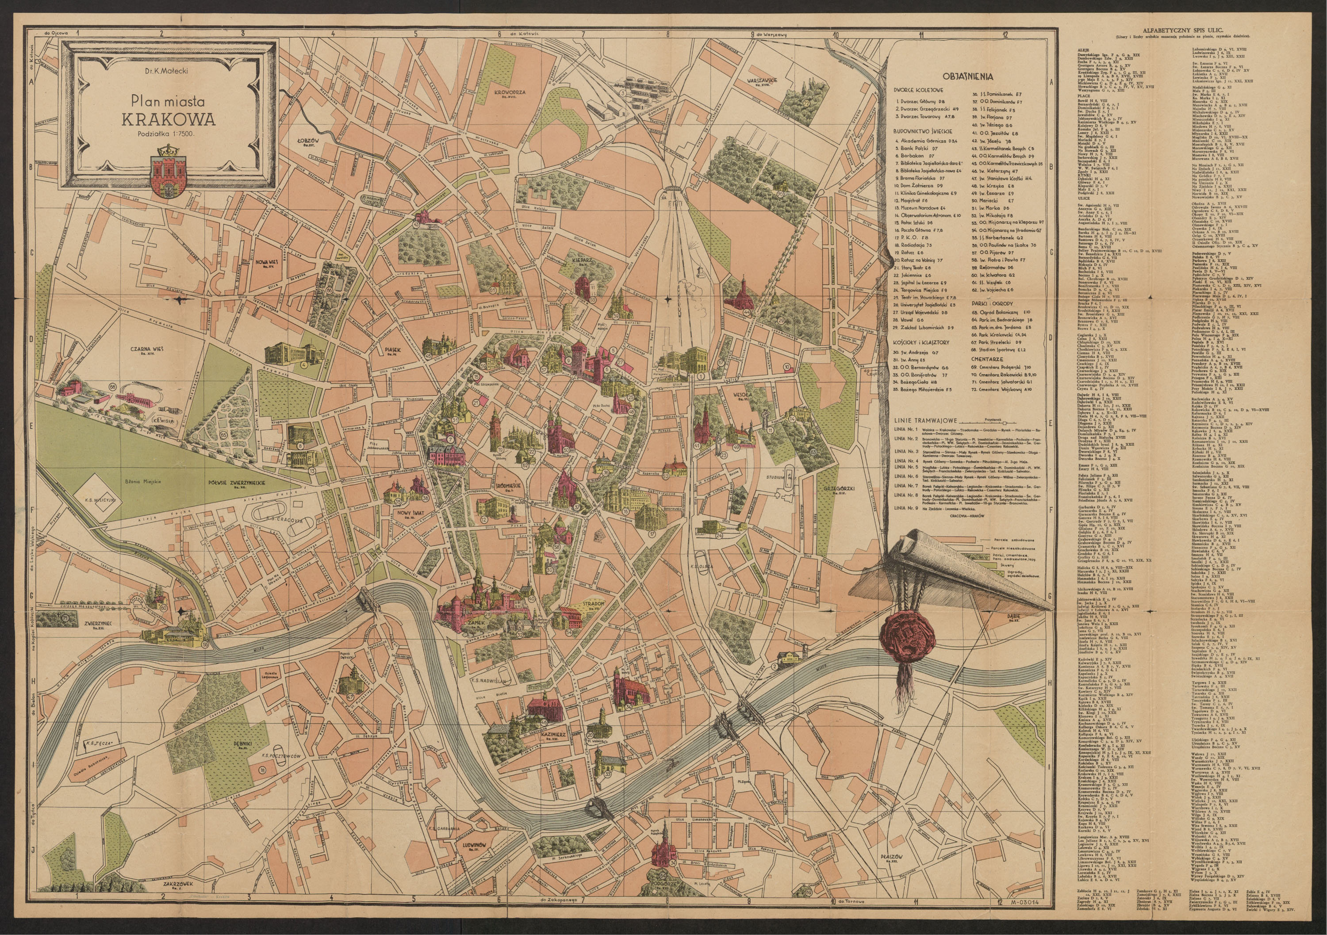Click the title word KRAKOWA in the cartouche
tap(167, 119)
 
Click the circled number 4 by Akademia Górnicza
tap(303, 364)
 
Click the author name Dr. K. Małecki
tap(168, 71)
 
